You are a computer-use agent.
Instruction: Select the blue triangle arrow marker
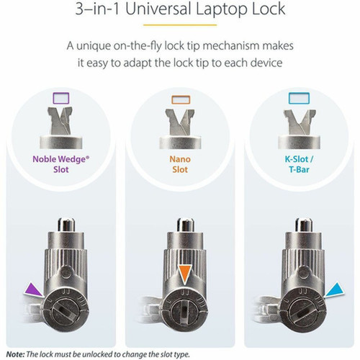click(333, 288)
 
